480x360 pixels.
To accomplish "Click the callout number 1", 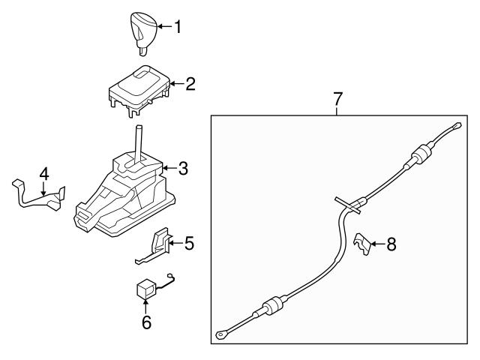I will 178,27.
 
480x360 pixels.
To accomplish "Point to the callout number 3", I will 184,168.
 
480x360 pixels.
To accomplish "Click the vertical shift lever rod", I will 138,142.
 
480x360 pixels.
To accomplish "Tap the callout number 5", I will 189,242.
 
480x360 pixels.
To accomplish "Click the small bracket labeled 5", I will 158,244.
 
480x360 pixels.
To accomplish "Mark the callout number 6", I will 146,322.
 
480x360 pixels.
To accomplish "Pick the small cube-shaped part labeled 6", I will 144,289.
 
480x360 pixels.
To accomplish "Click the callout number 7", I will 337,98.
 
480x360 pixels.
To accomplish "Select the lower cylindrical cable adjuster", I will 272,307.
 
